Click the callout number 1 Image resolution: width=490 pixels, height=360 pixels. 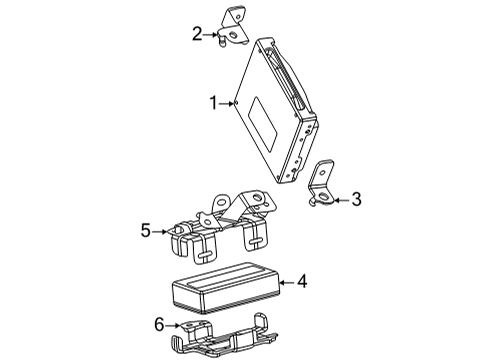tap(212, 101)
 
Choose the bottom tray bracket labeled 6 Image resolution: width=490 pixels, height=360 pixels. tap(225, 337)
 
